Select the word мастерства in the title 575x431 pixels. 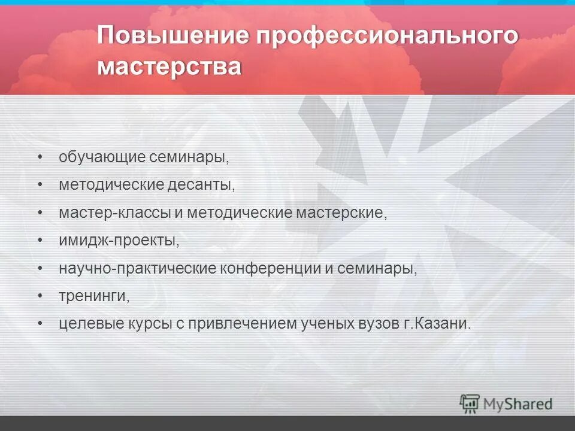170,66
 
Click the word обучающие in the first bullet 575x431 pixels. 102,158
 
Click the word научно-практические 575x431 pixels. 137,268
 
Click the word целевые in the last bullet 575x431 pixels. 90,324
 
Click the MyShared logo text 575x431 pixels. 518,404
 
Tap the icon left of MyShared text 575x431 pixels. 470,403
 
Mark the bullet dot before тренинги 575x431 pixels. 40,296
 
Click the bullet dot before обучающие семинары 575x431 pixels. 40,158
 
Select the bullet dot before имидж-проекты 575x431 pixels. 40,241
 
